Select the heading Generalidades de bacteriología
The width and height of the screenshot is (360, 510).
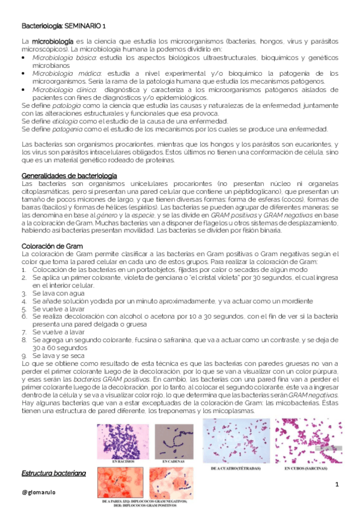(x=68, y=175)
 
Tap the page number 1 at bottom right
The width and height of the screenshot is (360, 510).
(x=337, y=485)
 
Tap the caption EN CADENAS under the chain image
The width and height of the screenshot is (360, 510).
(x=174, y=461)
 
